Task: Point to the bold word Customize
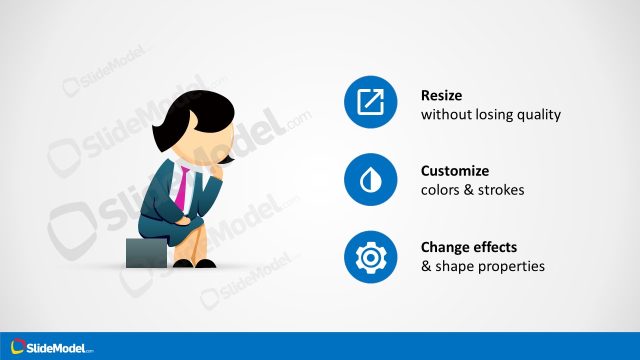coord(456,171)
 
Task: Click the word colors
coord(440,190)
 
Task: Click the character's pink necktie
coord(184,190)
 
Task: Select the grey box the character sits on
coord(146,253)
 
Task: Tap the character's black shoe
coord(203,264)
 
